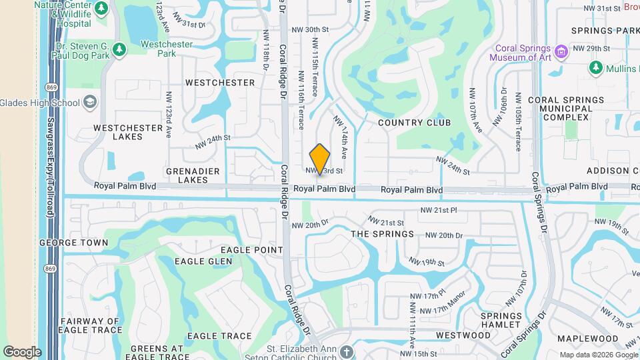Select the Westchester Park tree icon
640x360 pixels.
(x=119, y=49)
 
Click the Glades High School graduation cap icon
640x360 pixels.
(x=90, y=103)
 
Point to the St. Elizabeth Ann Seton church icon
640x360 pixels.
(x=345, y=351)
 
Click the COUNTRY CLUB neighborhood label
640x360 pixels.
(x=414, y=123)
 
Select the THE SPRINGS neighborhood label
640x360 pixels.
(x=382, y=234)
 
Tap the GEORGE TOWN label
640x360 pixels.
(x=73, y=243)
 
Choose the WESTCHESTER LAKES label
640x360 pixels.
(x=128, y=132)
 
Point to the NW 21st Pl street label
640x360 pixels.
(x=438, y=210)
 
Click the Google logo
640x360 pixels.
(x=22, y=351)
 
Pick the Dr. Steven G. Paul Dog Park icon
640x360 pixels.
(x=119, y=49)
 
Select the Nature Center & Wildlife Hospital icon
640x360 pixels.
(x=101, y=9)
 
